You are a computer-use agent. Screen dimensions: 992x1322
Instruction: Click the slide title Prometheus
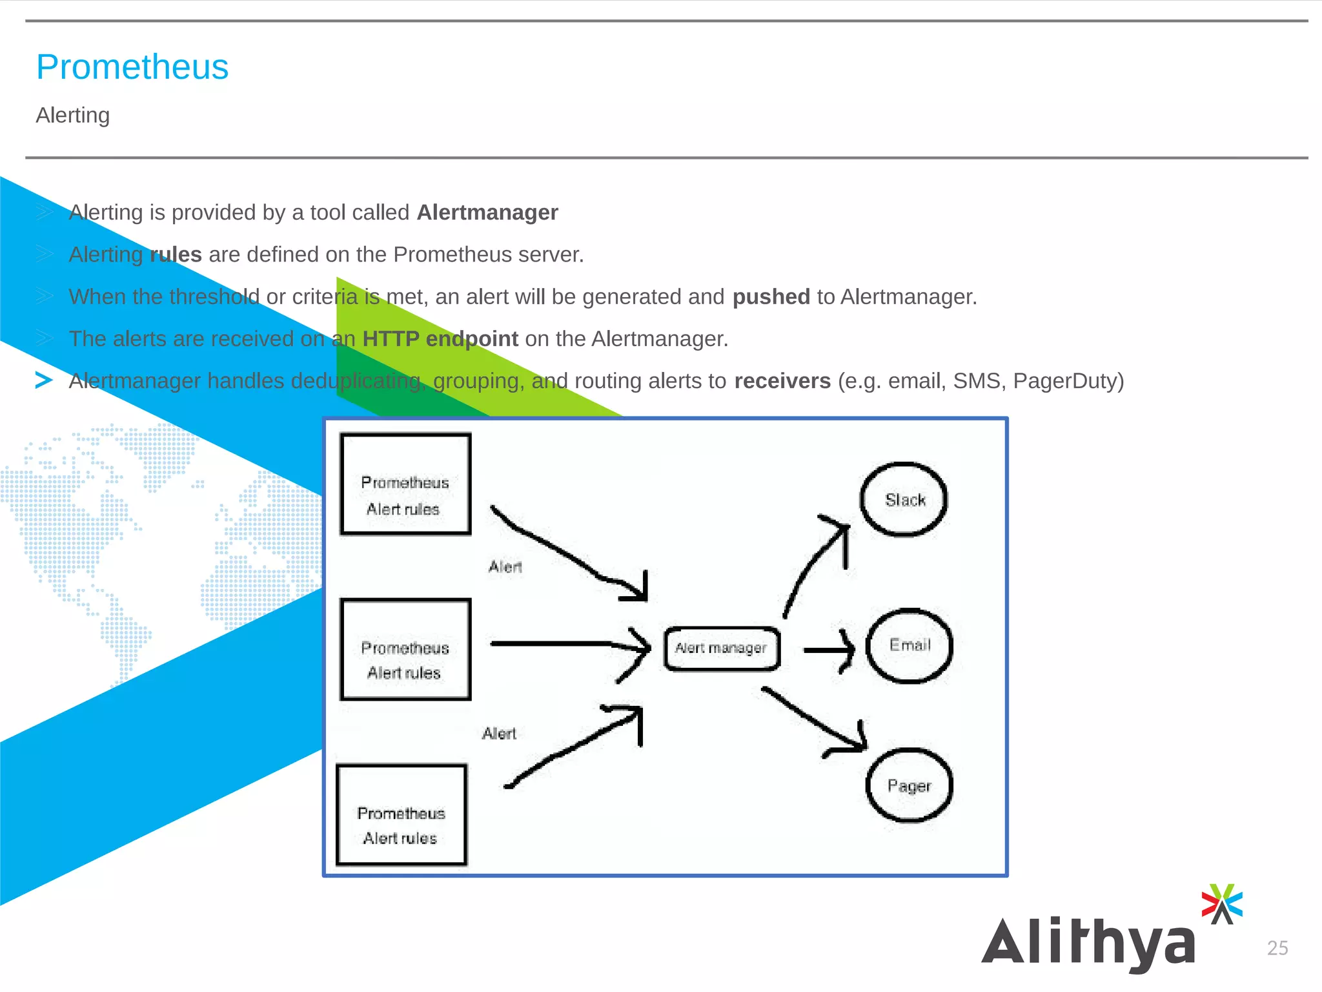point(132,67)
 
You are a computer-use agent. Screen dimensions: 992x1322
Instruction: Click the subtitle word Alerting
point(73,115)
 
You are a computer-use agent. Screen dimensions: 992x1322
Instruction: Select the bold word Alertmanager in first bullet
point(487,212)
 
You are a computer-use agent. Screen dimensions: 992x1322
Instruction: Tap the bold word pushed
point(771,296)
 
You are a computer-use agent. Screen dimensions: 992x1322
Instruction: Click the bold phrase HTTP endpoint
point(440,338)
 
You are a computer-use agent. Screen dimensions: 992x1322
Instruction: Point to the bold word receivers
point(782,381)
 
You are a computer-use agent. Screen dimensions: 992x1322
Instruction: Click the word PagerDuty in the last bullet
point(1068,381)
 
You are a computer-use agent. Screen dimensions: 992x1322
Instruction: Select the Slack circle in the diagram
point(904,499)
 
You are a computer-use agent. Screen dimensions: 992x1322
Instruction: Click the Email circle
point(909,645)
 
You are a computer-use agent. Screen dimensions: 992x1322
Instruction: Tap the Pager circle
point(909,785)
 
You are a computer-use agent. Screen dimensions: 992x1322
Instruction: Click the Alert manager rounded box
point(722,648)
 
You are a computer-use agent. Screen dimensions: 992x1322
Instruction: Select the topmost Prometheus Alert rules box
point(405,484)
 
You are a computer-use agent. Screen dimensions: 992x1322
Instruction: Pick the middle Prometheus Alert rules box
point(405,649)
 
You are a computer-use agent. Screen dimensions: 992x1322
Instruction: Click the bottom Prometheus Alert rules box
point(402,815)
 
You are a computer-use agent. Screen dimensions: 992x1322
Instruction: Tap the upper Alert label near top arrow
point(505,567)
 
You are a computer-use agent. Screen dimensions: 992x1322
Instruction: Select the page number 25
point(1277,948)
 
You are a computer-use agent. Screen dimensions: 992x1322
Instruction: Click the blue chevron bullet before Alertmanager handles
point(44,380)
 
